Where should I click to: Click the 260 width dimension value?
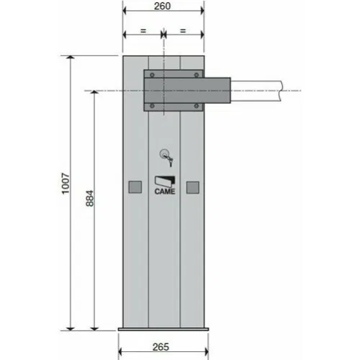163,6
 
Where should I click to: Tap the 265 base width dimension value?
161,347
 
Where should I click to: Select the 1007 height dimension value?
66,183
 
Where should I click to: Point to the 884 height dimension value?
90,198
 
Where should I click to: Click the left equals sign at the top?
143,31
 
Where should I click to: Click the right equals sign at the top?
183,31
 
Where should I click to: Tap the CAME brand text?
165,192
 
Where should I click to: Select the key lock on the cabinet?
166,157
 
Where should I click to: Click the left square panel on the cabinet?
135,187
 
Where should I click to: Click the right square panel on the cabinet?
193,187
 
